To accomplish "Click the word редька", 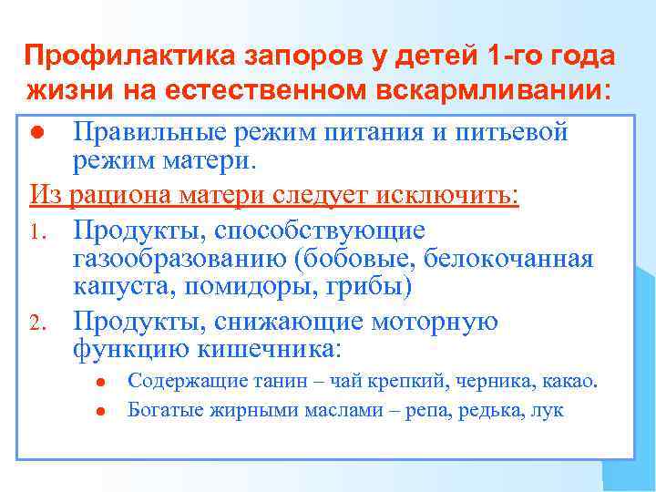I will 488,411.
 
